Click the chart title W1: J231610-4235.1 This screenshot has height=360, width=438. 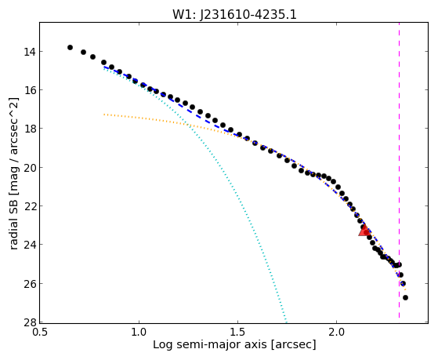click(x=234, y=14)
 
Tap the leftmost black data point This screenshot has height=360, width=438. click(x=70, y=47)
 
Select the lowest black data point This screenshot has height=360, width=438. click(x=405, y=297)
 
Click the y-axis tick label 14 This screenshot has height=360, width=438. click(x=29, y=52)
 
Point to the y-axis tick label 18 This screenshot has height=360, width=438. click(x=29, y=129)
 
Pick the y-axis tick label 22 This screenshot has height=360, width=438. click(x=29, y=206)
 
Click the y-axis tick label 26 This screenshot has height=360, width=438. click(x=29, y=284)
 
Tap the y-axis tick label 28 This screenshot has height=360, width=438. click(x=29, y=322)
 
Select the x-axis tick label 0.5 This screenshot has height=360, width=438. click(x=40, y=332)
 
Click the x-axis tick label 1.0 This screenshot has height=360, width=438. click(x=139, y=332)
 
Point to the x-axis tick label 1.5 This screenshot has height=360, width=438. click(x=237, y=332)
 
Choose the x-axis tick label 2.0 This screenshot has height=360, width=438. click(x=337, y=332)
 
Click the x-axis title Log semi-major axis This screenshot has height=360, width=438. click(x=210, y=344)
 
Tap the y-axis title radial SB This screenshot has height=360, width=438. click(x=14, y=222)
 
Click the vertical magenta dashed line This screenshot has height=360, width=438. click(x=399, y=170)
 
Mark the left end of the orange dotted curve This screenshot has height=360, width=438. click(x=104, y=115)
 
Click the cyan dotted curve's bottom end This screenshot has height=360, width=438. click(x=286, y=321)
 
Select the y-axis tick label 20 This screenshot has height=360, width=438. click(x=29, y=168)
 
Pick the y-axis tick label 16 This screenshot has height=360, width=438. click(x=29, y=90)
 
